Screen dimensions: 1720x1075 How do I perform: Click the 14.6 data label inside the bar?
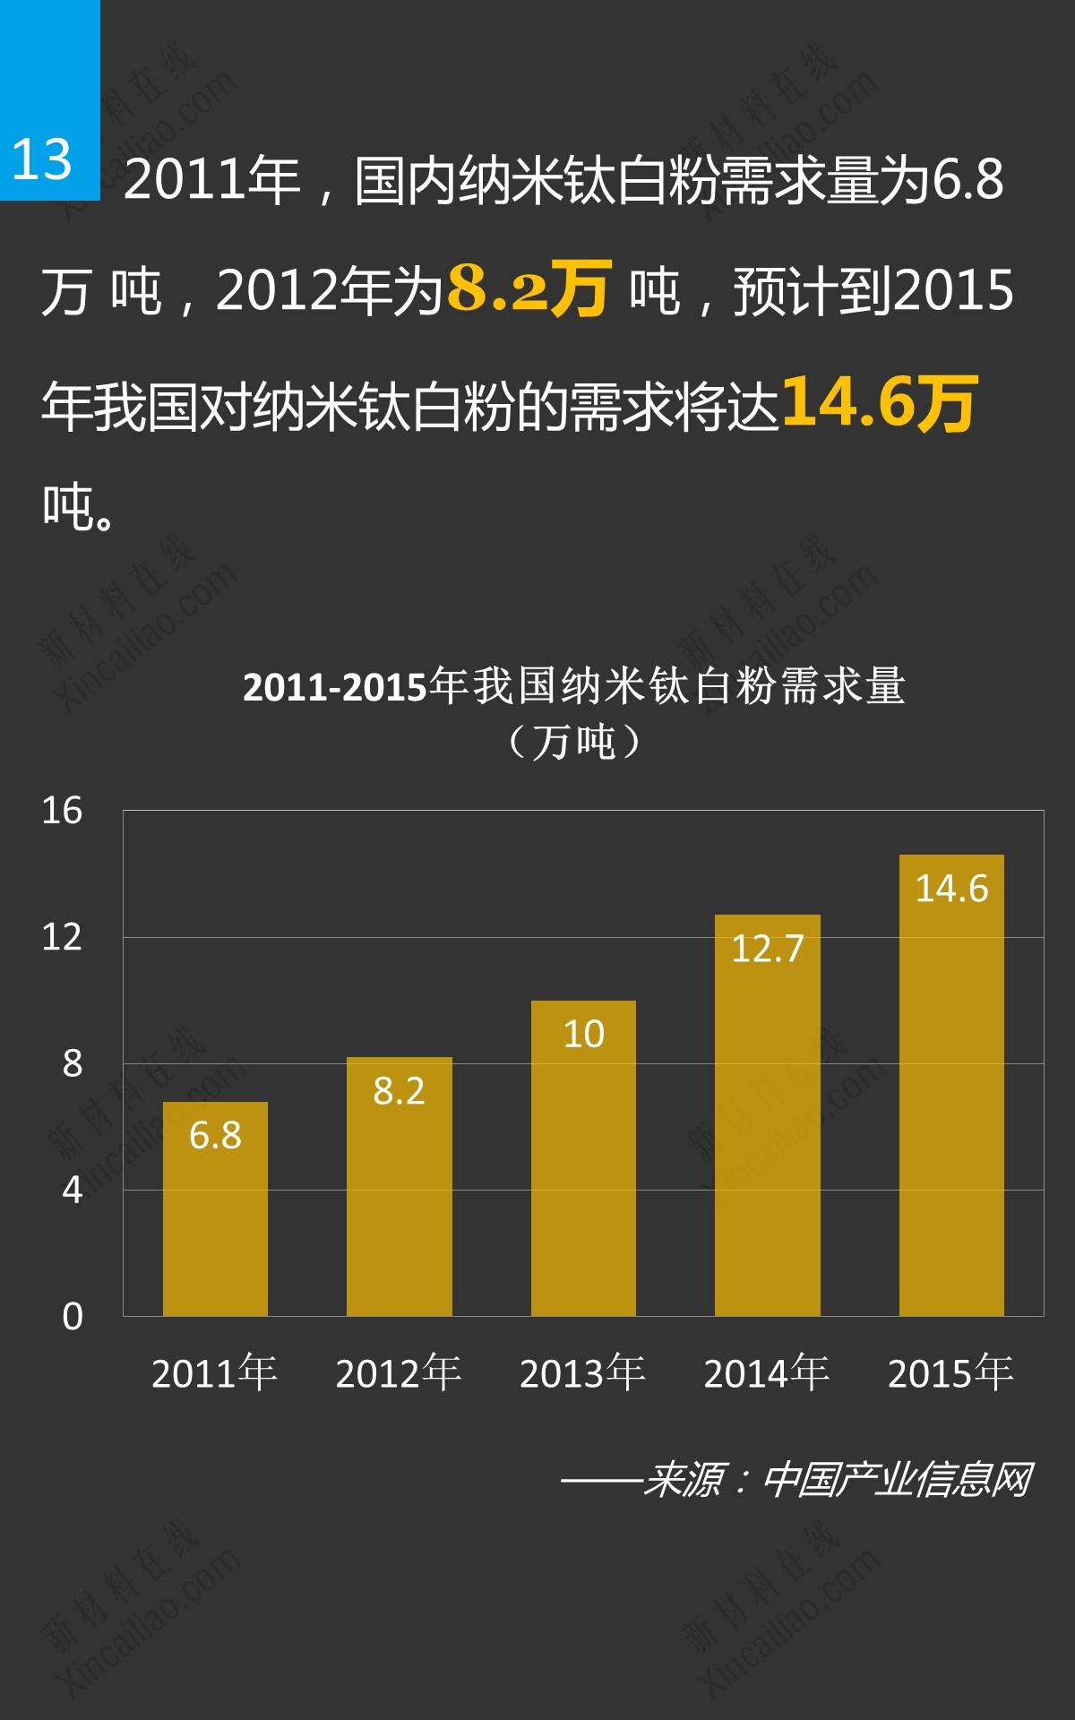[951, 889]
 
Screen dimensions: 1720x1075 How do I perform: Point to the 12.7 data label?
[768, 949]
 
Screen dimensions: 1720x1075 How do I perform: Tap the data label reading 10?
[583, 1035]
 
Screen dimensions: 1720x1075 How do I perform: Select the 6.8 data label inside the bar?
[215, 1135]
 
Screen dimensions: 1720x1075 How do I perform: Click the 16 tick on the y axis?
[62, 812]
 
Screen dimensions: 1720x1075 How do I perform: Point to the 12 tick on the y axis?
[62, 938]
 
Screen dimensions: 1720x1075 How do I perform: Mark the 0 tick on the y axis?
[72, 1317]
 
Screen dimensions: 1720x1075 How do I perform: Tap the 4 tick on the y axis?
[72, 1191]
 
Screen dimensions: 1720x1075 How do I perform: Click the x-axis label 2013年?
[582, 1373]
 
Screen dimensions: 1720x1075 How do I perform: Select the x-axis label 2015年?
[950, 1373]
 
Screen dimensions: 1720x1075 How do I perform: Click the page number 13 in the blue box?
[42, 159]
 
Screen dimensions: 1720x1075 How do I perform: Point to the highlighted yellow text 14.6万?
[879, 402]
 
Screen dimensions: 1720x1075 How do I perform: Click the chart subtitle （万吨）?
[574, 742]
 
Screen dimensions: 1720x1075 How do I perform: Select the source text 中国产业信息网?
[897, 1480]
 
